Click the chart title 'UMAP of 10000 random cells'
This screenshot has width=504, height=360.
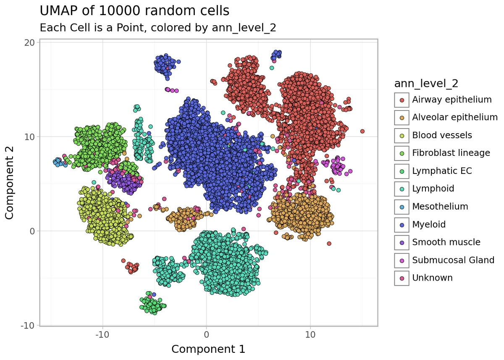134,11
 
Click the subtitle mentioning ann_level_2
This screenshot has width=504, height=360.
157,28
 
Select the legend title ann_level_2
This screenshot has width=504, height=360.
426,84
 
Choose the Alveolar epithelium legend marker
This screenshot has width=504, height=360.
402,118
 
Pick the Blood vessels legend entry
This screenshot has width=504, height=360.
442,135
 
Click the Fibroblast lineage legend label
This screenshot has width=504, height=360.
451,153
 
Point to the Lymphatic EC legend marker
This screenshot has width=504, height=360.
402,171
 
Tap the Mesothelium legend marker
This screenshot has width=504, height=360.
402,207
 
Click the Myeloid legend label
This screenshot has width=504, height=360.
429,225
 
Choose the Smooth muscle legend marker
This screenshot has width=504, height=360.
402,242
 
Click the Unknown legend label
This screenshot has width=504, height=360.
432,278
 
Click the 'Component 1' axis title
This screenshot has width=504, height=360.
208,349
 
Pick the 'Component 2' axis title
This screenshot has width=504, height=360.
10,183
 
